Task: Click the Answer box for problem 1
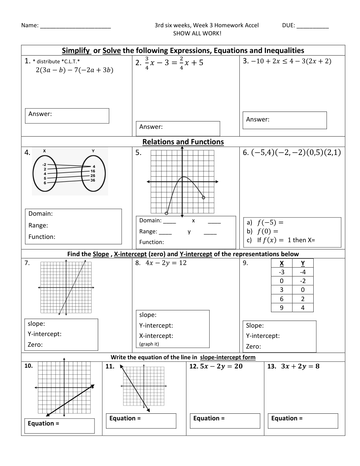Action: click(67, 116)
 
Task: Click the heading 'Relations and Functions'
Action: click(183, 142)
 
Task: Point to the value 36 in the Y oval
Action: click(93, 180)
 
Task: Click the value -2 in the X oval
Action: click(44, 165)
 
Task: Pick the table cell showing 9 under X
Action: click(282, 308)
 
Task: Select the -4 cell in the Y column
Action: click(303, 272)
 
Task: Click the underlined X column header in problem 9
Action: click(282, 263)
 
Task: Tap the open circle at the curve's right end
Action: click(203, 198)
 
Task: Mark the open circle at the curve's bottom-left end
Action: click(167, 213)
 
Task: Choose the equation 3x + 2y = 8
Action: click(300, 366)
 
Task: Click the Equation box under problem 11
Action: click(141, 421)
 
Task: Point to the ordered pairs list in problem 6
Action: click(296, 152)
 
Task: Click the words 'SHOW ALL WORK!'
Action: click(197, 33)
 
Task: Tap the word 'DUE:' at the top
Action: click(289, 25)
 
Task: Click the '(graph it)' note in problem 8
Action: click(149, 344)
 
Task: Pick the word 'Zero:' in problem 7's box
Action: click(35, 345)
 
